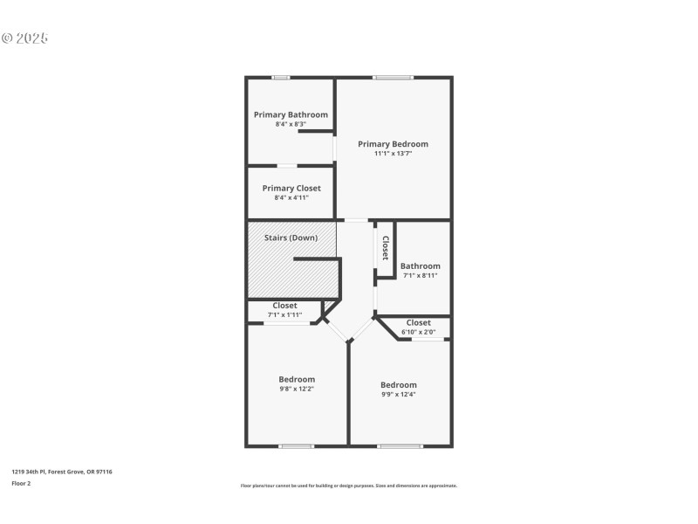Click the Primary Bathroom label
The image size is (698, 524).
[x=291, y=114]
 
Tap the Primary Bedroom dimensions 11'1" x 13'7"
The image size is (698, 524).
[x=393, y=154]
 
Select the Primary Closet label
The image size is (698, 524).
[x=291, y=188]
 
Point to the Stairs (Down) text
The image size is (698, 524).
[x=291, y=238]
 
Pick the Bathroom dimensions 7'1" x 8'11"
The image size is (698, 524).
[x=419, y=276]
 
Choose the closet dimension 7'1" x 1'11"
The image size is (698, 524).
[x=284, y=314]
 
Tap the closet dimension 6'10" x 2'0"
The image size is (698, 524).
[x=418, y=332]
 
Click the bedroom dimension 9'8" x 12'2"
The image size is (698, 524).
[x=297, y=389]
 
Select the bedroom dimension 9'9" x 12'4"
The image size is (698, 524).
[x=399, y=394]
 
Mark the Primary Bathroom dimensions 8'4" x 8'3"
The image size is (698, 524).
[x=291, y=124]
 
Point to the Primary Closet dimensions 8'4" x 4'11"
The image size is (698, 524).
[x=291, y=197]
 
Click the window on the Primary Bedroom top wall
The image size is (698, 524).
[x=393, y=78]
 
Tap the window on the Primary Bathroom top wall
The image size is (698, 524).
[x=281, y=78]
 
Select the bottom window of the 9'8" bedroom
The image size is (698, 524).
[x=297, y=446]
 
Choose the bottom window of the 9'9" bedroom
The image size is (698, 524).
[x=400, y=446]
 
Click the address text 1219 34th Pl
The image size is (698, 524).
[x=62, y=472]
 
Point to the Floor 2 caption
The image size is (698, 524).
[x=21, y=482]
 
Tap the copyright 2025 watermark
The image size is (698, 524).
[x=24, y=38]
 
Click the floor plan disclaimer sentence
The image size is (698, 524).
[x=348, y=486]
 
